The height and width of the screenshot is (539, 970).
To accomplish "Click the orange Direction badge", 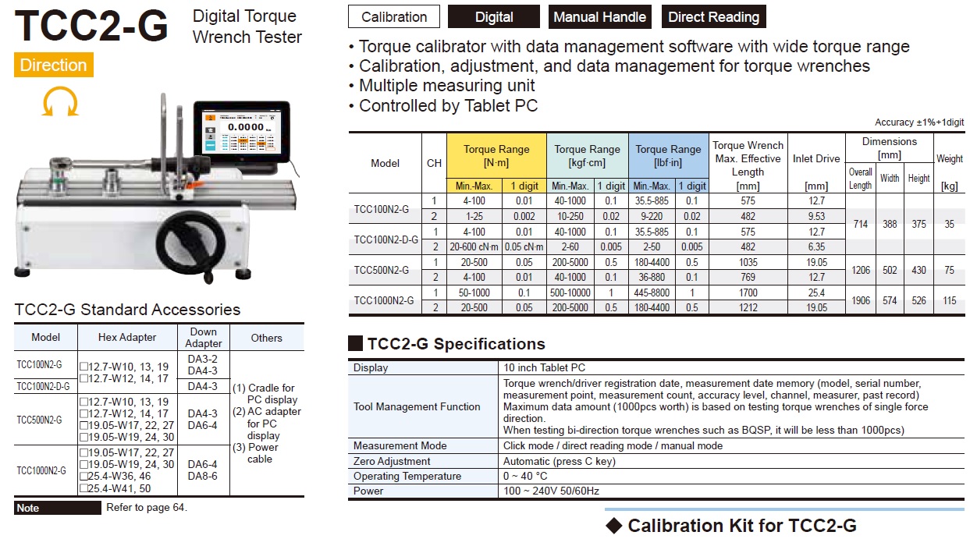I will (53, 65).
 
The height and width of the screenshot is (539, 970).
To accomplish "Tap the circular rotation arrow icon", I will (59, 101).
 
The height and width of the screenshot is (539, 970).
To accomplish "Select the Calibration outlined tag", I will (394, 16).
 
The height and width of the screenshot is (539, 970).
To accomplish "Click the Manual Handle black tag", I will (599, 16).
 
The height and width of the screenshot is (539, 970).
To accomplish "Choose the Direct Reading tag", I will (713, 16).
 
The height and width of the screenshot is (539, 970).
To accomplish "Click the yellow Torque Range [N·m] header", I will (496, 155).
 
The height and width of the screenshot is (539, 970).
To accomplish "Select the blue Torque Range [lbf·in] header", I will (668, 155).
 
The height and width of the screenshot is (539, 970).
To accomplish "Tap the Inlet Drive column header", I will (816, 158).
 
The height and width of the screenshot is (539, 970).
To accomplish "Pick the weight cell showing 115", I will (949, 300).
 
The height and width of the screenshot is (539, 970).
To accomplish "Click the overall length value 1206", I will (860, 270).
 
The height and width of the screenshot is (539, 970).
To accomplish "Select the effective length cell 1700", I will (748, 293).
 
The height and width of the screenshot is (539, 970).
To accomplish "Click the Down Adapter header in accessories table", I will (203, 338).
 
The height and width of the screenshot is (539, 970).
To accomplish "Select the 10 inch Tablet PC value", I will (545, 367).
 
